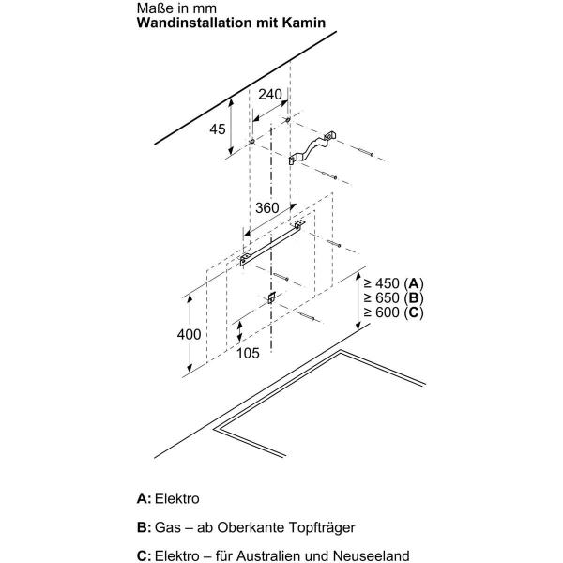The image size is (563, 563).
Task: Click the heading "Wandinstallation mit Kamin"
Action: [x=231, y=23]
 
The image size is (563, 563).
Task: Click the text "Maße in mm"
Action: [x=176, y=8]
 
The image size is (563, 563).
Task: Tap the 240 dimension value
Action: [x=270, y=95]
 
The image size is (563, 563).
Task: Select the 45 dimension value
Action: [x=218, y=129]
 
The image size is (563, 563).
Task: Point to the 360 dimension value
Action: [x=267, y=208]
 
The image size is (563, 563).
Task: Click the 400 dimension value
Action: [x=189, y=334]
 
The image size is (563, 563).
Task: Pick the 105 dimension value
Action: [x=248, y=354]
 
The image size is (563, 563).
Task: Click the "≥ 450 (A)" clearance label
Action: [x=393, y=283]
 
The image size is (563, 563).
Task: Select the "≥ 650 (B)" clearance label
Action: [x=393, y=298]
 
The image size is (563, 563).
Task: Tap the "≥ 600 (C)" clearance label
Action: [x=393, y=312]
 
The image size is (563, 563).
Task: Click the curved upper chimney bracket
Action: [x=312, y=147]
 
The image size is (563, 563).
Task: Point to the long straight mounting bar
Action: [x=272, y=243]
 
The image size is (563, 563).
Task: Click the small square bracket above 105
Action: [x=272, y=297]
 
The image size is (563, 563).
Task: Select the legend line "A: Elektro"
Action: [x=168, y=499]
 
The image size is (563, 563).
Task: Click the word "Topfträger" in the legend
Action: [x=322, y=527]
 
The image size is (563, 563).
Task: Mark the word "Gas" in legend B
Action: [x=168, y=527]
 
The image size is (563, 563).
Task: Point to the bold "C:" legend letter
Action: [x=144, y=556]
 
